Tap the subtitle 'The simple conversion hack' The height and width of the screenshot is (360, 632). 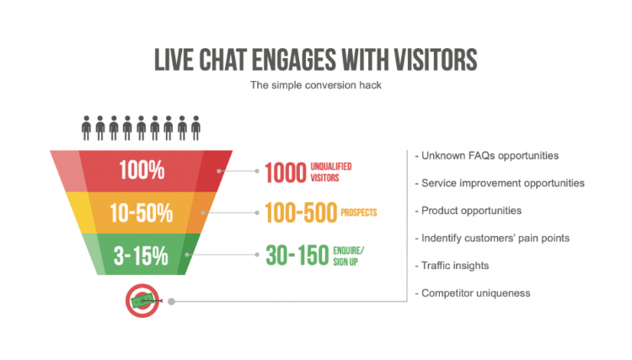click(x=316, y=85)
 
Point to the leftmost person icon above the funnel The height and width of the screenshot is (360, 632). click(x=87, y=128)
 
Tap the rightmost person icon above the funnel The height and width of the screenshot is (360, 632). click(x=195, y=128)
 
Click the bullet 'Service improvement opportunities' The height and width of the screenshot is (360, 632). click(x=503, y=183)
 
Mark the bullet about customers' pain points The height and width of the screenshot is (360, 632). click(x=495, y=238)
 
